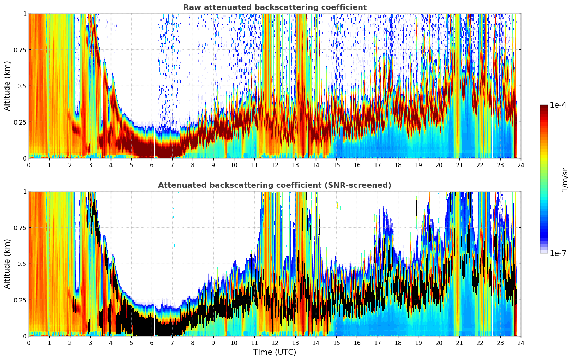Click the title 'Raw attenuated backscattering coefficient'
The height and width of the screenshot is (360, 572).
pos(275,7)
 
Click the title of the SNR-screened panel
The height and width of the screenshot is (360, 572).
pos(275,185)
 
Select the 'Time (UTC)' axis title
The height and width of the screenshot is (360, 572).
pos(275,352)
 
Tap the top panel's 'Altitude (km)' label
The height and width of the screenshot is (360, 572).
pos(7,86)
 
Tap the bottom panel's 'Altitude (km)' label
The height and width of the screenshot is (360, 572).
pos(7,264)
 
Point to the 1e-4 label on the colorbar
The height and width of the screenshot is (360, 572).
pos(558,105)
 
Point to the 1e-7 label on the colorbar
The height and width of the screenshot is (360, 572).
pos(558,253)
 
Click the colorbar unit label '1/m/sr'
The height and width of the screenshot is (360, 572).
pos(565,179)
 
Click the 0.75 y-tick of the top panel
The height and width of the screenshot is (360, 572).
pos(20,50)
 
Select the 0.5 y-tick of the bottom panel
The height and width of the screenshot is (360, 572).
pos(22,264)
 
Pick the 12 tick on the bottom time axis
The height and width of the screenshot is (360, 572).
pos(275,343)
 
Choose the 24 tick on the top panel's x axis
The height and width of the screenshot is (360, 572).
pos(521,165)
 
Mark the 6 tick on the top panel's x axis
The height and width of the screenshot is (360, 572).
pos(152,165)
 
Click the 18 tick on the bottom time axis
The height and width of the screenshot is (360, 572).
pos(398,343)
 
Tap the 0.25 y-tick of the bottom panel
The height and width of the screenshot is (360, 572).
pos(20,300)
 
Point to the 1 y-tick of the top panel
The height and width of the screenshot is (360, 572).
pos(25,13)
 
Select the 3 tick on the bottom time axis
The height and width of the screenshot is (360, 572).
pos(90,343)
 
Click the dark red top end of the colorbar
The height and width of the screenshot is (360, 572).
pos(544,107)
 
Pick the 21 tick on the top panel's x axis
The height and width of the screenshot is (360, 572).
pos(459,165)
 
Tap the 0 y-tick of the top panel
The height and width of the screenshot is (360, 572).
pos(25,158)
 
